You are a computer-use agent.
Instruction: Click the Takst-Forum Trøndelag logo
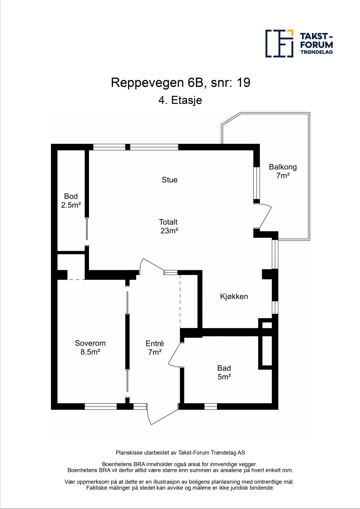tap(299, 44)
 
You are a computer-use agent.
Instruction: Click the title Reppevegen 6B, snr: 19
tap(180, 83)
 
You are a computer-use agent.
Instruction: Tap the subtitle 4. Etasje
tap(180, 101)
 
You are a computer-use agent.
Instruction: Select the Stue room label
tap(169, 180)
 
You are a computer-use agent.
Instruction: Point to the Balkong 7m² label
tap(282, 171)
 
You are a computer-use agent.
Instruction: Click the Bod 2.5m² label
tap(71, 201)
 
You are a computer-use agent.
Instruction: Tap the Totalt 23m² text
tap(168, 226)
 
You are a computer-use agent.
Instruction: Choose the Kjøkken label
tap(234, 296)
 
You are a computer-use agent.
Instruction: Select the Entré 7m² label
tap(154, 347)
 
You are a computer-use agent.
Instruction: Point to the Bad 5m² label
tap(224, 372)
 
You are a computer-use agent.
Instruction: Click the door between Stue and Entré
tap(152, 266)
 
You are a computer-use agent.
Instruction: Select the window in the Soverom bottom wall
tap(101, 406)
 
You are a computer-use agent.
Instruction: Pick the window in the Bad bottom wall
tap(211, 406)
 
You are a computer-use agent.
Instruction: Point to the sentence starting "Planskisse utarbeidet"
tap(180, 452)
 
